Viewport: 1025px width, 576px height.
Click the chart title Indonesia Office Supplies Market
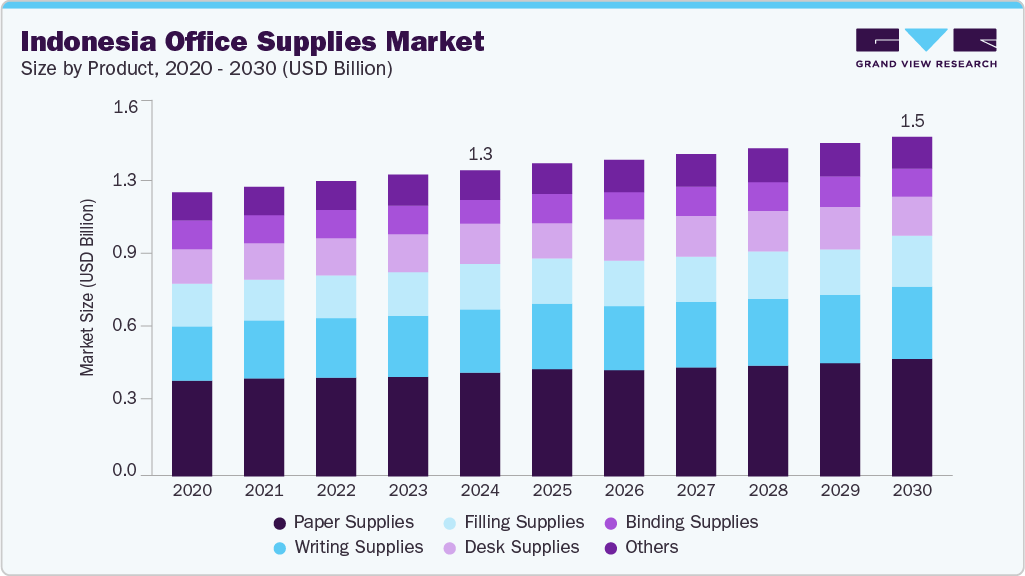pos(252,41)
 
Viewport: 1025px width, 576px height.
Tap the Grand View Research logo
pos(925,48)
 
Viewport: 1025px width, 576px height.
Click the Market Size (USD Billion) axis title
pos(88,288)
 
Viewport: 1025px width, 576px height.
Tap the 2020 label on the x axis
pos(192,491)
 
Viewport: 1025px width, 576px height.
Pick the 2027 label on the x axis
pos(695,491)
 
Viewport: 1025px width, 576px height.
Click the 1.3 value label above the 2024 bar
pos(480,154)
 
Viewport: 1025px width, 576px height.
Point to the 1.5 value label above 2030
pos(912,121)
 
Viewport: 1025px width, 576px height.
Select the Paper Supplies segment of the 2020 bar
pos(192,427)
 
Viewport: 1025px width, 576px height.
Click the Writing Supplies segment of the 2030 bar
pos(912,322)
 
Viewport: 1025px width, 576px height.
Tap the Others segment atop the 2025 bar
pos(552,178)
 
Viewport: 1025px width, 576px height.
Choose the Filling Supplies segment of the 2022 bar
pos(336,296)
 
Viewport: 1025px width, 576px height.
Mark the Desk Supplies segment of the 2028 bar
pos(768,231)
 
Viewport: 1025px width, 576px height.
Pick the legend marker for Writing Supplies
pos(281,548)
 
